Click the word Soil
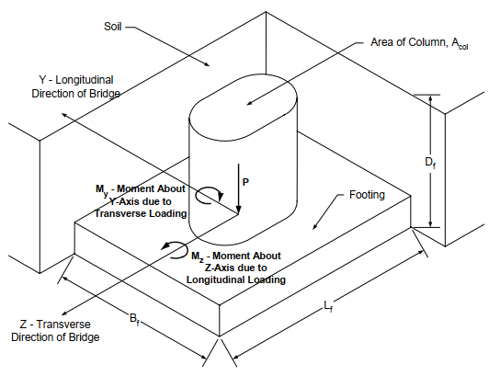pos(112,27)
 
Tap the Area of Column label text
pos(419,42)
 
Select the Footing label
pos(367,195)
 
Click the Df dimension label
pos(430,163)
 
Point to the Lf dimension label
pos(328,306)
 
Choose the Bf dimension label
pos(134,319)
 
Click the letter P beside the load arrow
pos(245,182)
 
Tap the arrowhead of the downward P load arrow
pos(238,210)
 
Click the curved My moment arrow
pos(209,188)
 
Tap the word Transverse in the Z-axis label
pos(63,325)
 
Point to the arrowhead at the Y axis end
pos(64,115)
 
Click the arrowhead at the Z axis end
pos(65,313)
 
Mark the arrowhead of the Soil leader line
pos(206,64)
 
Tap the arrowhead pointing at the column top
pos(250,103)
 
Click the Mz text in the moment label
pos(197,256)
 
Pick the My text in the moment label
pos(102,190)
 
